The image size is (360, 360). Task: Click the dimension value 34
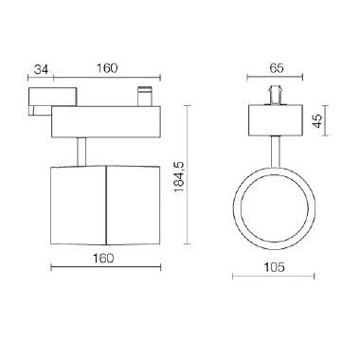coord(41,69)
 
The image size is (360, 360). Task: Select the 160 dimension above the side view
coord(106,68)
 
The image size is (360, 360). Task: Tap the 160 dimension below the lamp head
coord(103,259)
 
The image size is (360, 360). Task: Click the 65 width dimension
coord(277,68)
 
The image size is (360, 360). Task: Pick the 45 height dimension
coord(318,120)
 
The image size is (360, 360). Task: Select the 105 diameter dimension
coord(274,267)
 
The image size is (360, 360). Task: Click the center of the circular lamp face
coord(274,208)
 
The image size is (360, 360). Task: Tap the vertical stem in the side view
coord(81,152)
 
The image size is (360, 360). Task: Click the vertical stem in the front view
coord(275,152)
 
